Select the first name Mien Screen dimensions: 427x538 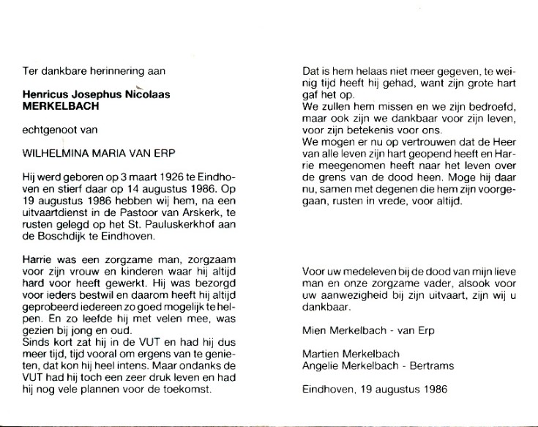(x=313, y=331)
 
